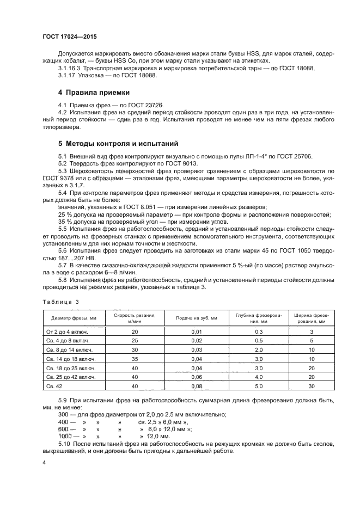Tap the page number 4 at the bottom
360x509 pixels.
tap(44, 462)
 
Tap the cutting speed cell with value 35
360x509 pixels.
tap(135, 358)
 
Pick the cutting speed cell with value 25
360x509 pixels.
tap(135, 340)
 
